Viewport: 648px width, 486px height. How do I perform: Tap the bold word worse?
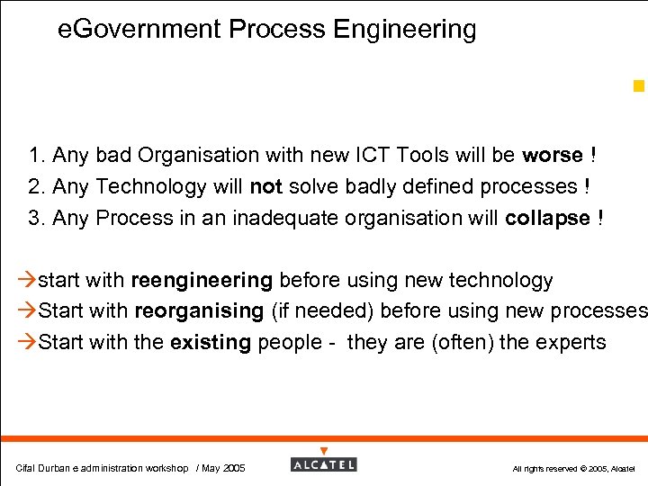(553, 155)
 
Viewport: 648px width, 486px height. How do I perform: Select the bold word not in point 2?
(266, 186)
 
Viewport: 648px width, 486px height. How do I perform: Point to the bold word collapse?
(548, 218)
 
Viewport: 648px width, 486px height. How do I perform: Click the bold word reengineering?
(202, 281)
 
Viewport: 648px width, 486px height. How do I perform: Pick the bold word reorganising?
(199, 311)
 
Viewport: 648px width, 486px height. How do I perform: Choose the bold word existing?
(211, 342)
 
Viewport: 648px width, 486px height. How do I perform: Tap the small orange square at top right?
(638, 86)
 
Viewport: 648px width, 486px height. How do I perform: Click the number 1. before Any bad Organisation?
(37, 155)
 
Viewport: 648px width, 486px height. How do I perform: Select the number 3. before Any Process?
(37, 218)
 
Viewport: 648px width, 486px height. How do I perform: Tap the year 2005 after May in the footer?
(234, 468)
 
